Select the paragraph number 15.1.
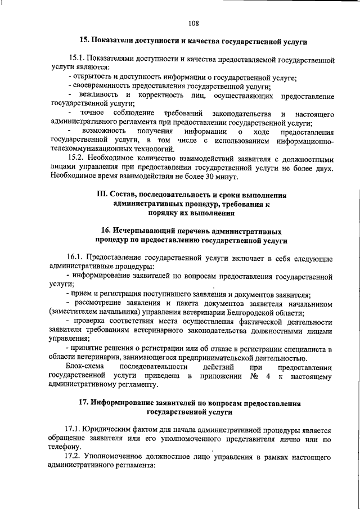pos(77,58)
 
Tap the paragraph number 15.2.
pos(77,159)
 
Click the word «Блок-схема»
pos(85,366)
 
